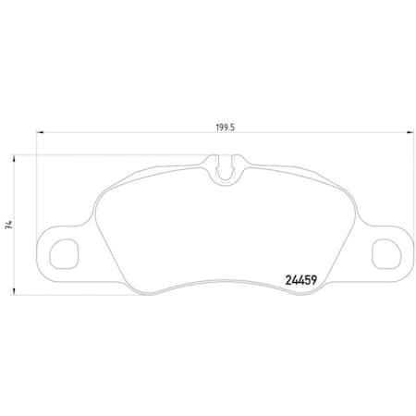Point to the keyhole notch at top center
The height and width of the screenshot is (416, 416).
[223, 169]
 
